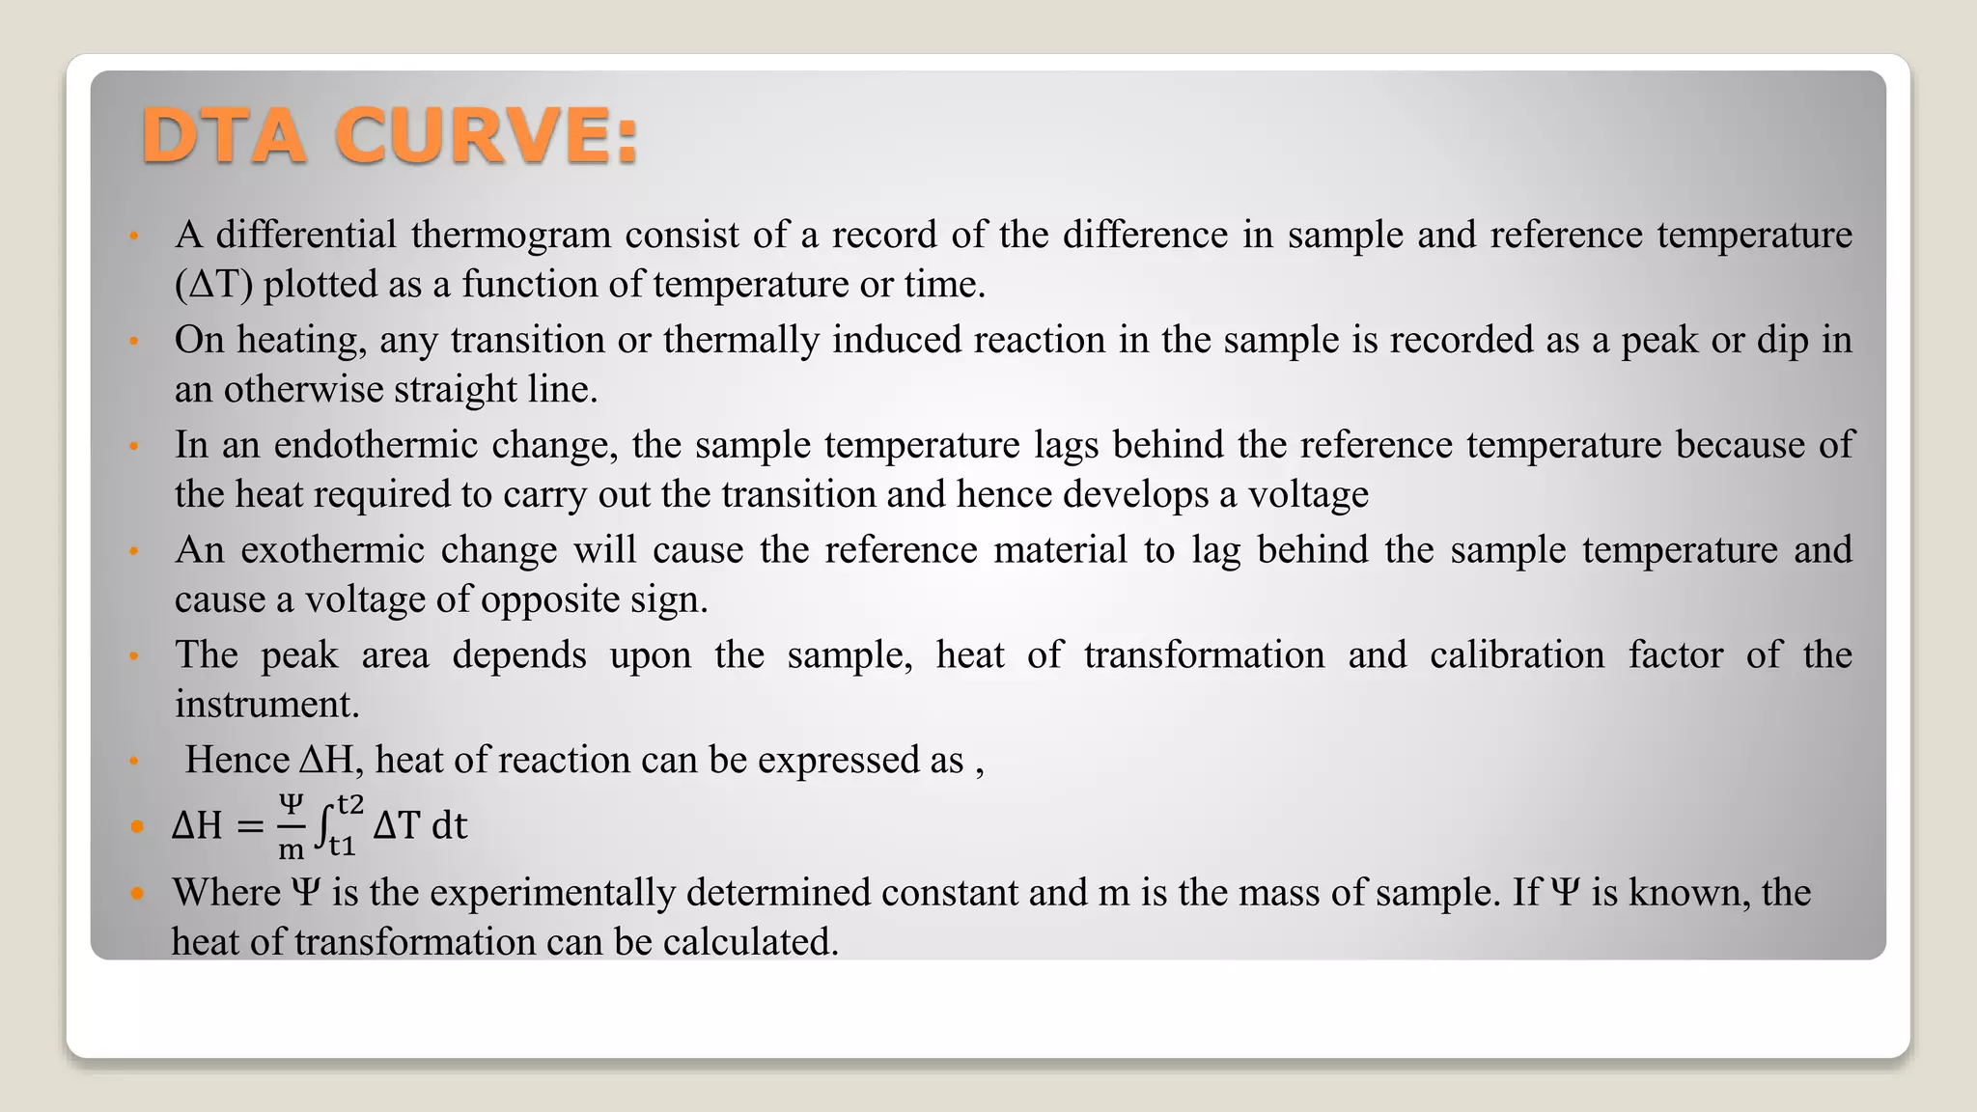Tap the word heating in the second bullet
pos(300,340)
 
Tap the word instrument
pos(265,705)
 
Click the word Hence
pos(237,761)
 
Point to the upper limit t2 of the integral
pos(349,804)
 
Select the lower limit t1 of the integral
pos(343,847)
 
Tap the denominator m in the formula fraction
pos(291,849)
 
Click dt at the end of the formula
pos(449,826)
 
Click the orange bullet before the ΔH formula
pos(137,827)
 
